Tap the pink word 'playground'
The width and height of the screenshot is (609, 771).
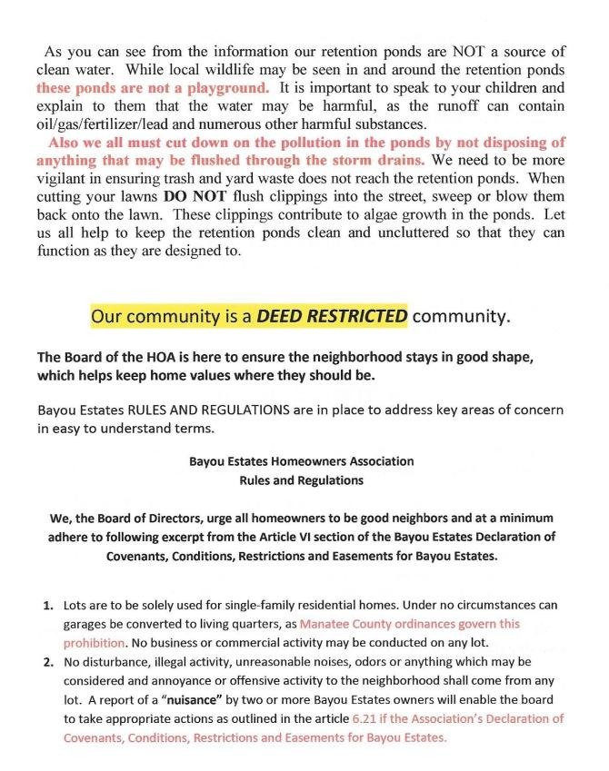tap(229, 88)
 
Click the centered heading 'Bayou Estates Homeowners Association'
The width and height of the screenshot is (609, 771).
tap(301, 461)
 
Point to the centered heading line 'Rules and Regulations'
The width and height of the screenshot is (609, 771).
tap(301, 479)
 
